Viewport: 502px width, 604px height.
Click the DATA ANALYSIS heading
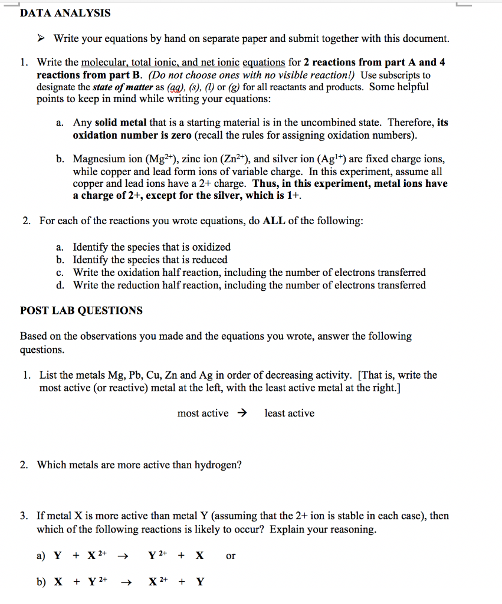[65, 13]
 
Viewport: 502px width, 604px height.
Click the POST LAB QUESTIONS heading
[81, 311]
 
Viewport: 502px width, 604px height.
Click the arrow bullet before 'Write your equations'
[41, 39]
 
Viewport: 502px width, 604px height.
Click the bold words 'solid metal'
[121, 123]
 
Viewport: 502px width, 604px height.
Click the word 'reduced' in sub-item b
[209, 260]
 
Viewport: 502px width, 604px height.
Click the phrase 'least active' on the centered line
[289, 413]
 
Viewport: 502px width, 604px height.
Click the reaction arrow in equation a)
[123, 556]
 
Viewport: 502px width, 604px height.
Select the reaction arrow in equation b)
[125, 582]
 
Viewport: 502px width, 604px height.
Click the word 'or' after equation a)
[231, 556]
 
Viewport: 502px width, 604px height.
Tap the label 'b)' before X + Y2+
[41, 582]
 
